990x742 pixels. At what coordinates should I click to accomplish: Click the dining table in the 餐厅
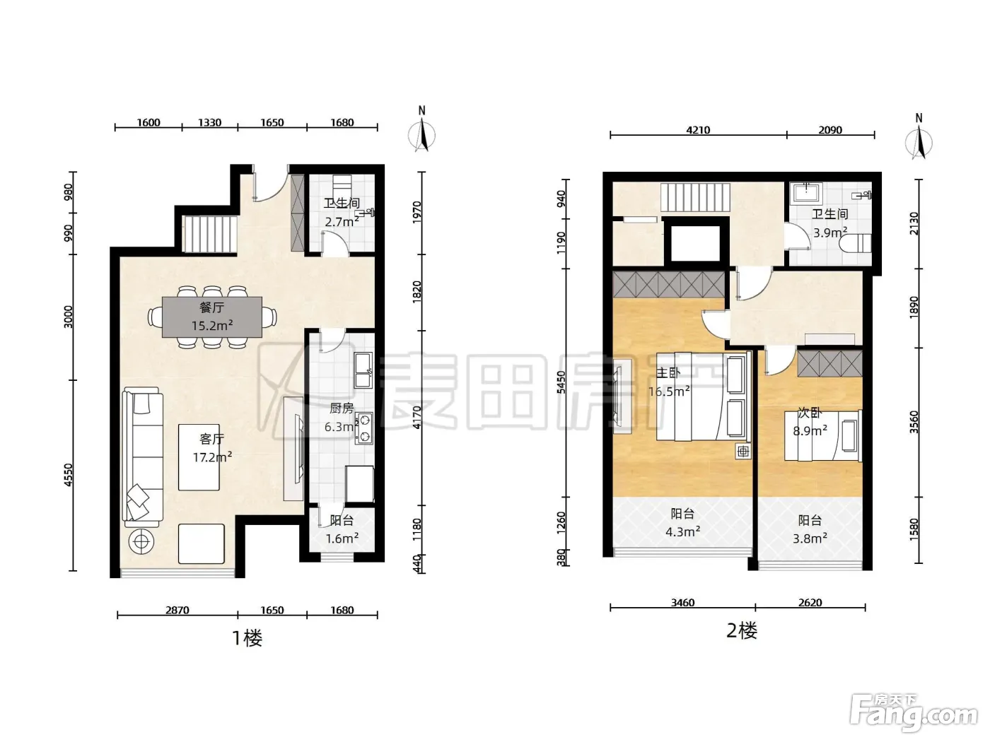click(x=212, y=317)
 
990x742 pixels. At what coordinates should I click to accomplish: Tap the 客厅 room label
click(x=211, y=440)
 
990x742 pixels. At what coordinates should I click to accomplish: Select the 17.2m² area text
click(x=212, y=457)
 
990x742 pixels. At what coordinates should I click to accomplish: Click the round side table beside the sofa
click(x=141, y=542)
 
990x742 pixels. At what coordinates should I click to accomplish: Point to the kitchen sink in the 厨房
click(x=363, y=370)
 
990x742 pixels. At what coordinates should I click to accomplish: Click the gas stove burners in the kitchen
click(x=363, y=428)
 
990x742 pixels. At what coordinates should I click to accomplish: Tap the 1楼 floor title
click(x=247, y=638)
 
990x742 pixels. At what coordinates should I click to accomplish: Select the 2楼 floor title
click(x=742, y=631)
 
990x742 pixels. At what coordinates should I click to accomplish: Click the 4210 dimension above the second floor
click(x=698, y=130)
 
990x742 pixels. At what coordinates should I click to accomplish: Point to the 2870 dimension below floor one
click(x=177, y=610)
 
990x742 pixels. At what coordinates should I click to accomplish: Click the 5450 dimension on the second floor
click(x=561, y=382)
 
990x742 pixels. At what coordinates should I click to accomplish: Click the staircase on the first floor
click(x=211, y=235)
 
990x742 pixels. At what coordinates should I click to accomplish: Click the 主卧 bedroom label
click(x=668, y=373)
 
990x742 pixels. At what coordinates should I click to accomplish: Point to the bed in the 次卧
click(x=823, y=435)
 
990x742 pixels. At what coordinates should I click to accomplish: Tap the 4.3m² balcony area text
click(x=683, y=532)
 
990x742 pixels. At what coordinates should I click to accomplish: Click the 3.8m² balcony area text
click(x=810, y=538)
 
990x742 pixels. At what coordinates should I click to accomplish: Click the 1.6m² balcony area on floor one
click(x=342, y=538)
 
